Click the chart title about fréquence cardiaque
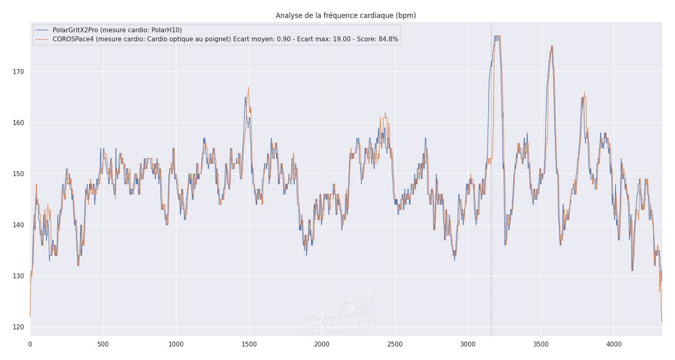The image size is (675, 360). (x=346, y=16)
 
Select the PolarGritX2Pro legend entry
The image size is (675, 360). (x=117, y=30)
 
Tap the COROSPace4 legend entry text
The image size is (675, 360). (x=225, y=39)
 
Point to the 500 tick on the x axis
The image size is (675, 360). (x=103, y=344)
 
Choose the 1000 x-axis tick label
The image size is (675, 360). (x=176, y=344)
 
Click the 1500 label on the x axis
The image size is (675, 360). (x=249, y=344)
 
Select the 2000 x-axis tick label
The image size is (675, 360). (x=322, y=344)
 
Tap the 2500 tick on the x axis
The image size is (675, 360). (x=395, y=344)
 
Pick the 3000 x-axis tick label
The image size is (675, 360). (x=468, y=344)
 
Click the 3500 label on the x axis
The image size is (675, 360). (x=541, y=344)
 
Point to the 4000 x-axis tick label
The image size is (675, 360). (x=614, y=344)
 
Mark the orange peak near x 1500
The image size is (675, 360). (x=248, y=87)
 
